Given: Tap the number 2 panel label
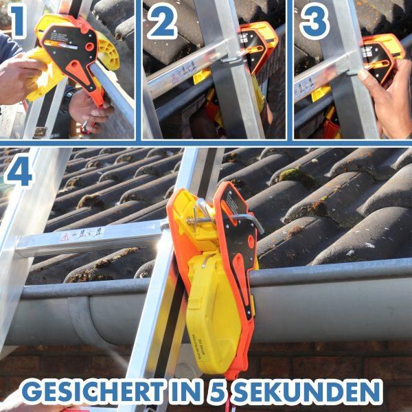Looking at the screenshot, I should (162, 23).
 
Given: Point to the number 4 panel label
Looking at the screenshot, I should (19, 173).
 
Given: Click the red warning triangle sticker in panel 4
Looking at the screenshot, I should (65, 236).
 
